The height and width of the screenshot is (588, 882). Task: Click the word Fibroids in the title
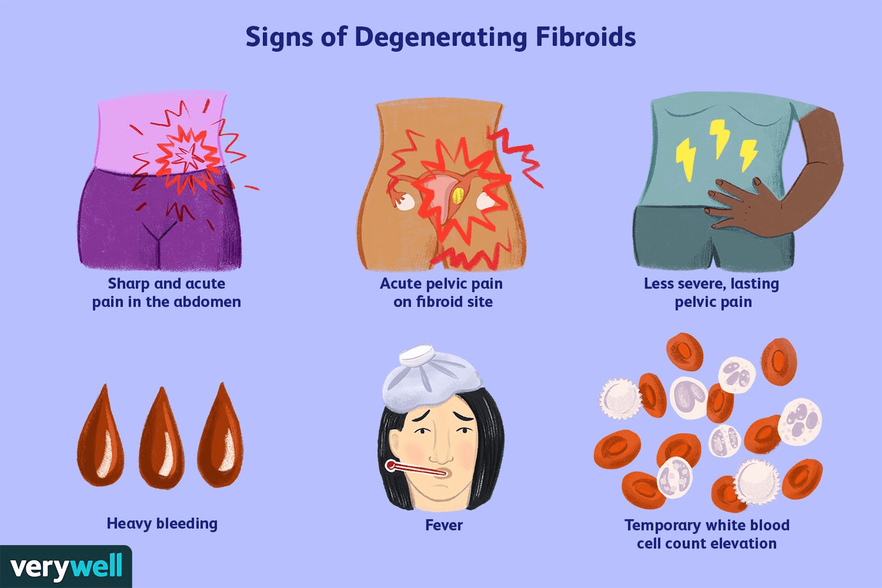coord(586,36)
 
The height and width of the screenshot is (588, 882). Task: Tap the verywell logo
coord(66,567)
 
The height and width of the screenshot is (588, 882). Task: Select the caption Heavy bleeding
coord(162,523)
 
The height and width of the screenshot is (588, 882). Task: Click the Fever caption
coord(443,525)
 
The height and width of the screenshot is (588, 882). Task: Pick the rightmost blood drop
coord(220,438)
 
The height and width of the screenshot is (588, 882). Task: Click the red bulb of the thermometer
coord(390,466)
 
